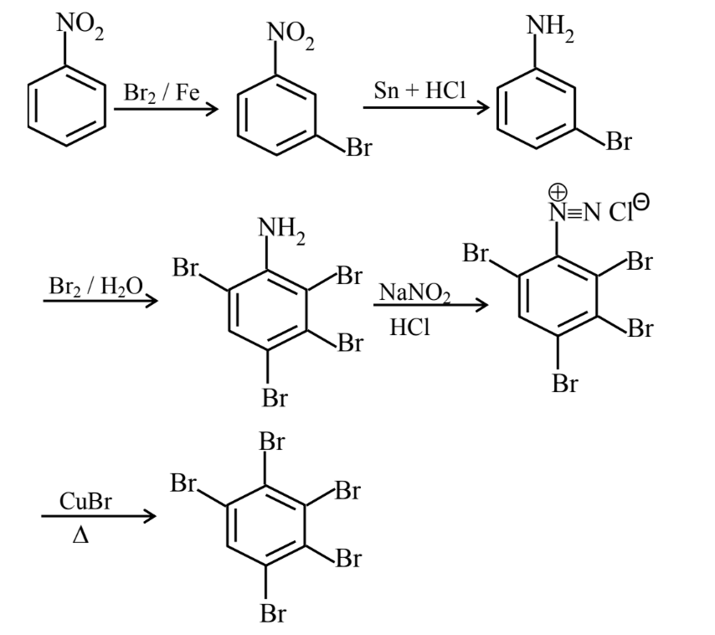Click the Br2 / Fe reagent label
click(161, 91)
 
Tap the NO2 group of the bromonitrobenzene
click(291, 34)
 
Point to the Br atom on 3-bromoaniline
click(618, 142)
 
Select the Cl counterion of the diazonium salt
click(627, 209)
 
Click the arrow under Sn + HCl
click(425, 108)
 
